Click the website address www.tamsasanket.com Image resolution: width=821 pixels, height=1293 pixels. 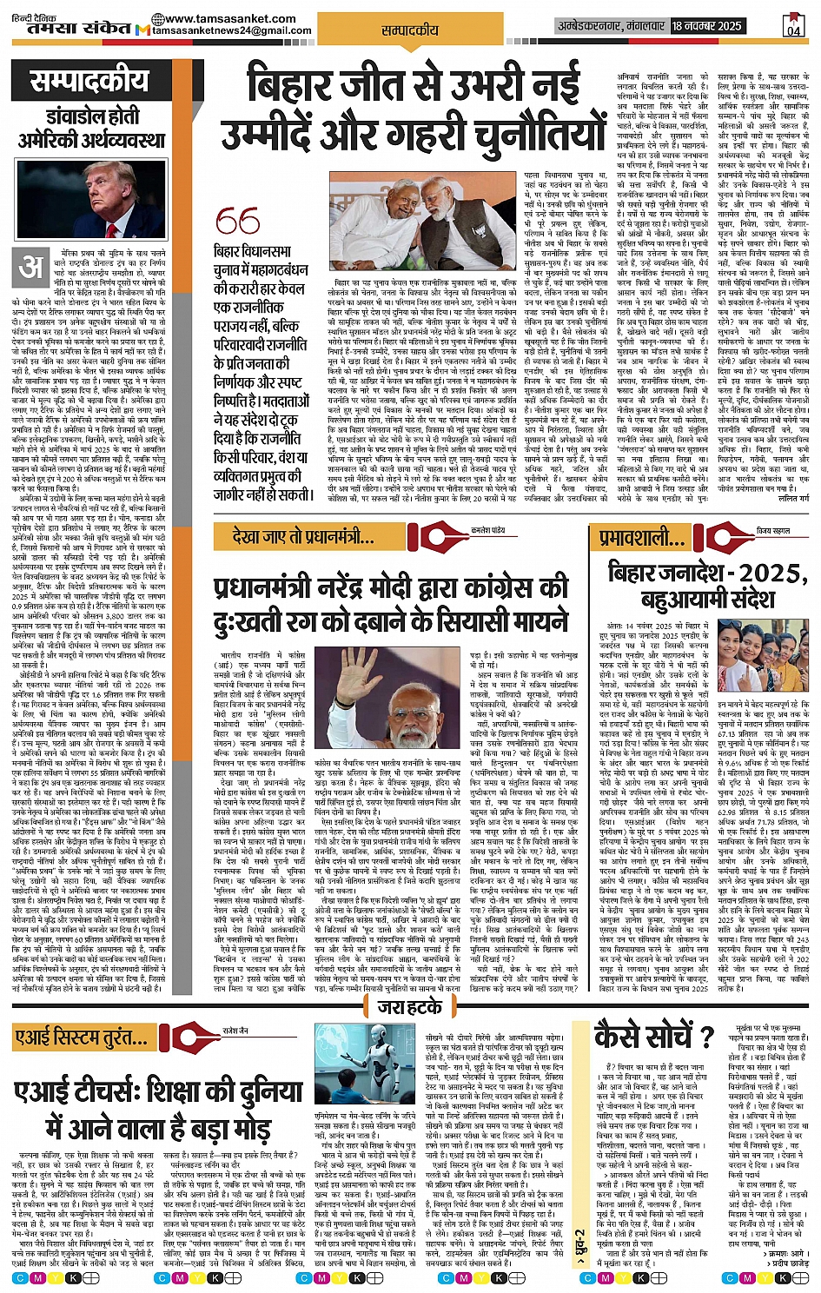click(x=223, y=18)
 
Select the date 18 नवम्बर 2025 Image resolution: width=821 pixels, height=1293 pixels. click(x=706, y=26)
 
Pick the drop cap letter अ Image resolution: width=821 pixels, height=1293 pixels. click(x=32, y=268)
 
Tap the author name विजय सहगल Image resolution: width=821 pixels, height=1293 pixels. click(x=773, y=529)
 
